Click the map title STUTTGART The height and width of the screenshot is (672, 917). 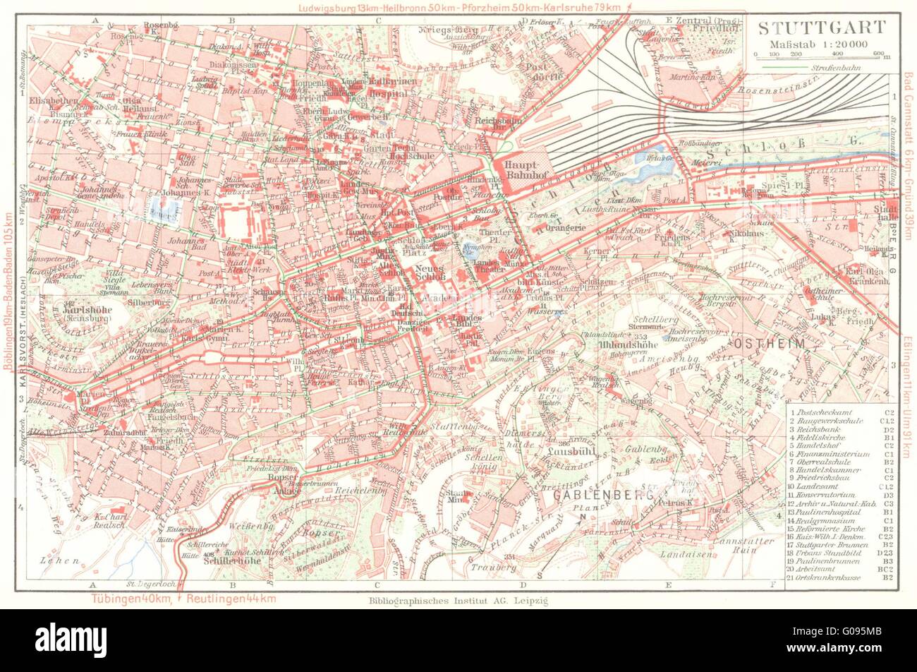coord(821,28)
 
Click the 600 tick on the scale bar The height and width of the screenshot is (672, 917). coord(875,53)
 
